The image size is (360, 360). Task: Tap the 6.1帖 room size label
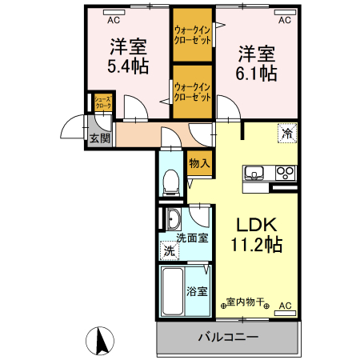point(257,73)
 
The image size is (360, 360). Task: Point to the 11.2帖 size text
point(255,246)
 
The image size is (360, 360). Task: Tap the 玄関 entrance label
point(99,138)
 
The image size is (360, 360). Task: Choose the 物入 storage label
point(200,162)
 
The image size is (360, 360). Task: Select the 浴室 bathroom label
point(198,290)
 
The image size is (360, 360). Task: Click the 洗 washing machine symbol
point(169,251)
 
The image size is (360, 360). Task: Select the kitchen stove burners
point(285,172)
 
